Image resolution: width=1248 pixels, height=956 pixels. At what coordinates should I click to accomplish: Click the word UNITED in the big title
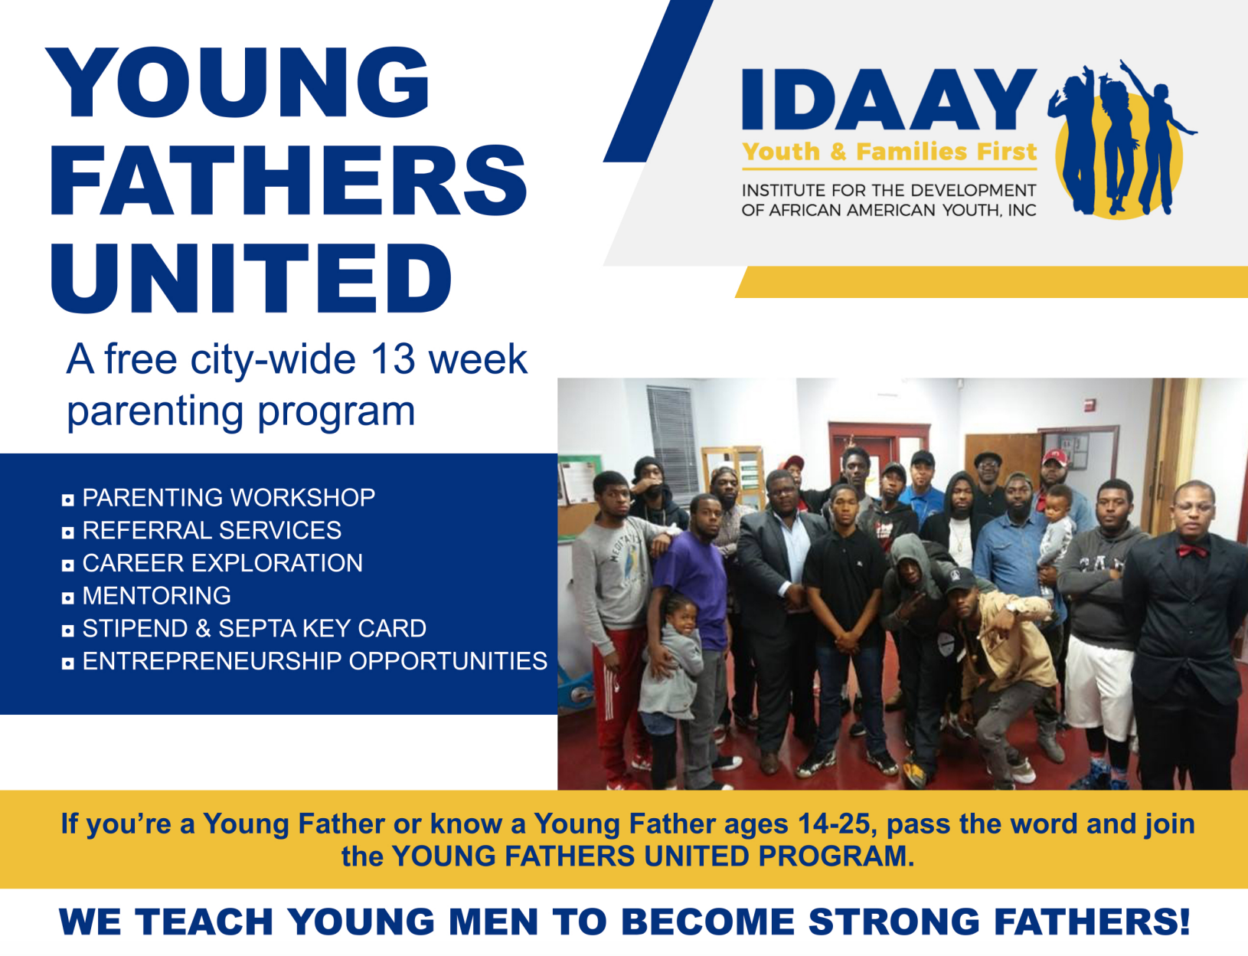251,277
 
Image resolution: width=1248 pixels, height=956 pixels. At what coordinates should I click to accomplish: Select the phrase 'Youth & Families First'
889,152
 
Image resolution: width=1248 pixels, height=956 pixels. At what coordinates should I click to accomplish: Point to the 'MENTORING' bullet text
156,596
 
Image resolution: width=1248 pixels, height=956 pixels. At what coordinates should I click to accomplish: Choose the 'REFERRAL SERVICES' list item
212,530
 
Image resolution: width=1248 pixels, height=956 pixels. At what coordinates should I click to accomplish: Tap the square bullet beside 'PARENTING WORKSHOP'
68,499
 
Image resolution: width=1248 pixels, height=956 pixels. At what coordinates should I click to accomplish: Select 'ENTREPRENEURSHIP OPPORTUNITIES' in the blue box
315,661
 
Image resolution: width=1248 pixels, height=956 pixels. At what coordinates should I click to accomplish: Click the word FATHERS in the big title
289,181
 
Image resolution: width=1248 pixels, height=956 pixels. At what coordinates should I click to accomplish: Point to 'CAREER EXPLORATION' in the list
222,563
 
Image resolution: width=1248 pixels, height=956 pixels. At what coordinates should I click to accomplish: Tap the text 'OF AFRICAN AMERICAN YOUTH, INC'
889,210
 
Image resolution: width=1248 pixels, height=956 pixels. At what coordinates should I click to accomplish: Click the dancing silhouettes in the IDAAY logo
1120,138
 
